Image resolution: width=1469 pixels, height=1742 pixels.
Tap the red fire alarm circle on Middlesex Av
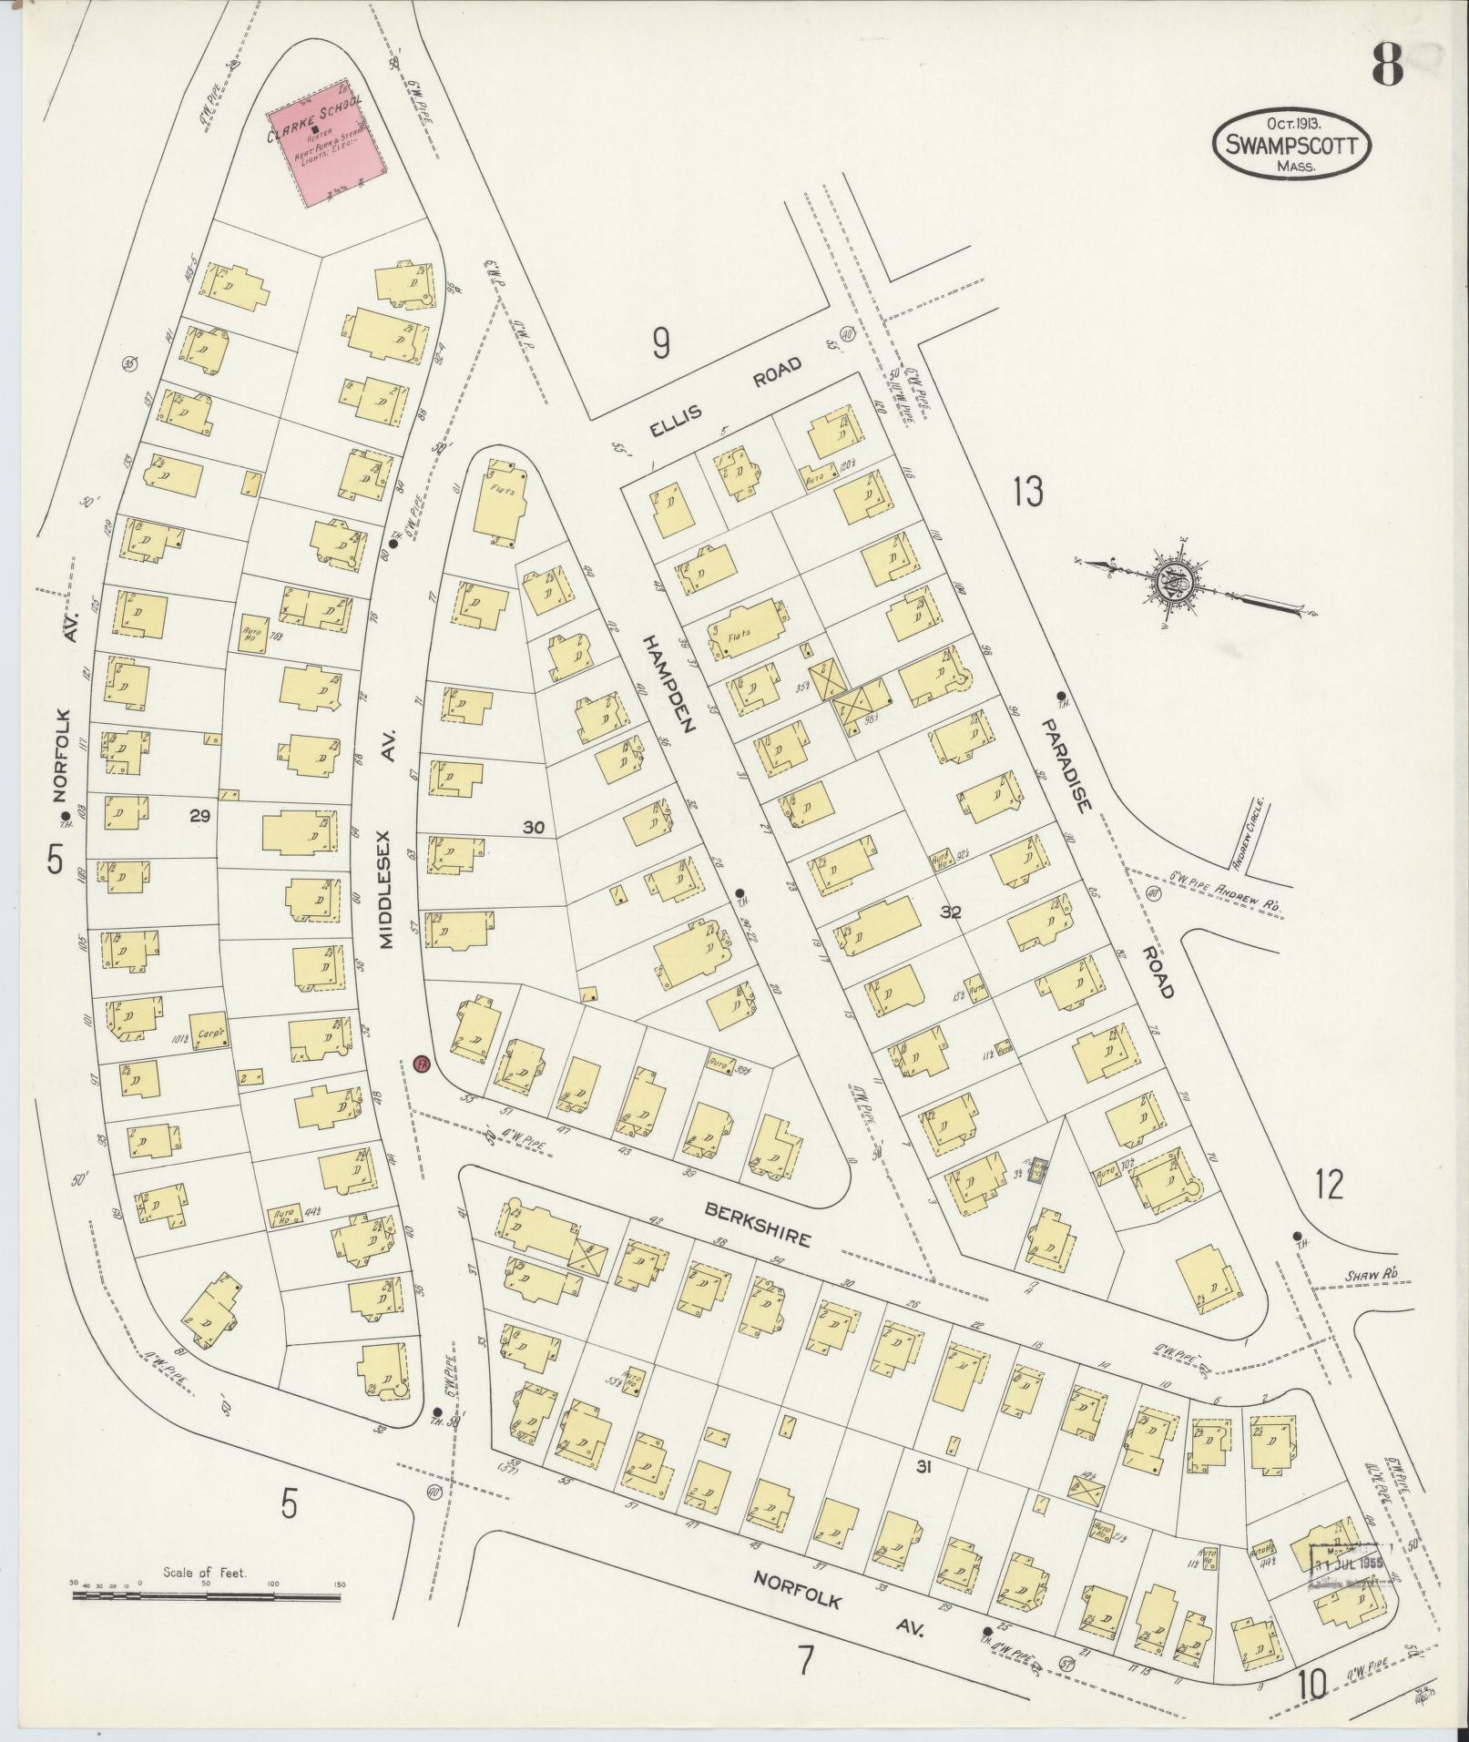point(420,1064)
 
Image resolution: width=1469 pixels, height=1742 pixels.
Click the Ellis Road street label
point(724,397)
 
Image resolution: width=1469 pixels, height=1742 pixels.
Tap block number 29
point(199,816)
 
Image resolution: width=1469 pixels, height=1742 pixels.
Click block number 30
point(534,827)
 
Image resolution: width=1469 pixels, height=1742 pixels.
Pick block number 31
point(924,1466)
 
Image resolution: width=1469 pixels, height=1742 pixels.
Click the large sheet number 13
point(1026,492)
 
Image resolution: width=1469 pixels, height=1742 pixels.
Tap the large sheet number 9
point(661,343)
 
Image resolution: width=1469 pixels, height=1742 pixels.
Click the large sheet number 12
point(1329,1185)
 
